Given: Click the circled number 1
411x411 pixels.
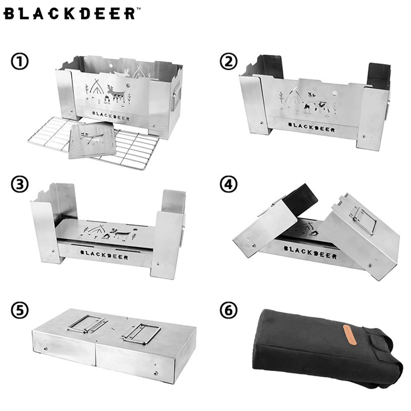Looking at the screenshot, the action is click(x=19, y=61).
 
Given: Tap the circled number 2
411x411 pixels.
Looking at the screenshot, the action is click(x=229, y=61).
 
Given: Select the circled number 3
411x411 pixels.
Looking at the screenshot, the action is click(x=19, y=184).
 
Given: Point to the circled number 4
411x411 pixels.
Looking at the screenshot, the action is click(x=229, y=184).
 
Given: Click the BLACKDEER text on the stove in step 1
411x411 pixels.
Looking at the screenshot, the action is click(x=111, y=115).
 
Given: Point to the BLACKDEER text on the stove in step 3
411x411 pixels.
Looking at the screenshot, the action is click(x=104, y=255).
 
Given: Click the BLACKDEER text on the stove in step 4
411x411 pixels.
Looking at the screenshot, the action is click(x=310, y=252).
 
